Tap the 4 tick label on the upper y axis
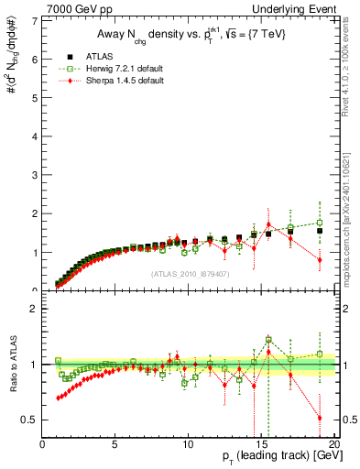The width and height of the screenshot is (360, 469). [36, 136]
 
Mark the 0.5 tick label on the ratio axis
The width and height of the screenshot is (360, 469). [32, 420]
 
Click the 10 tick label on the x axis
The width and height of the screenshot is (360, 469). [188, 444]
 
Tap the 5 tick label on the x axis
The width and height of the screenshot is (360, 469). [115, 444]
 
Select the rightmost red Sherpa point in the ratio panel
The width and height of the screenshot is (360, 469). [320, 418]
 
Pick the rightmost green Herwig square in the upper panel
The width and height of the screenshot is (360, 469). [320, 223]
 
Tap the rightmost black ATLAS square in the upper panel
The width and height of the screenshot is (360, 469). [320, 231]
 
